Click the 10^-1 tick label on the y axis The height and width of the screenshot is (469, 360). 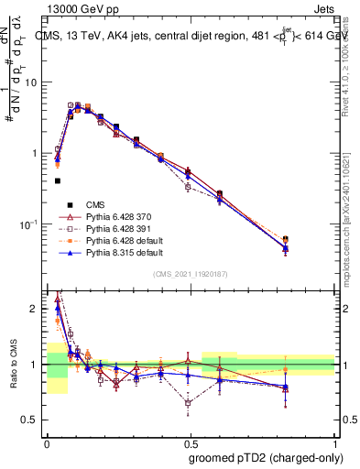pos(30,224)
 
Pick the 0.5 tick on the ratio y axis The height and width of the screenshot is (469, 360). pos(35,420)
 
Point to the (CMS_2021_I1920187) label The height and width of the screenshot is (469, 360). pos(191,274)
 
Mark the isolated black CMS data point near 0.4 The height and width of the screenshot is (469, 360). pos(57,180)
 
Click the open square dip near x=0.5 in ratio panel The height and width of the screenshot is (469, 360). pos(188,402)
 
